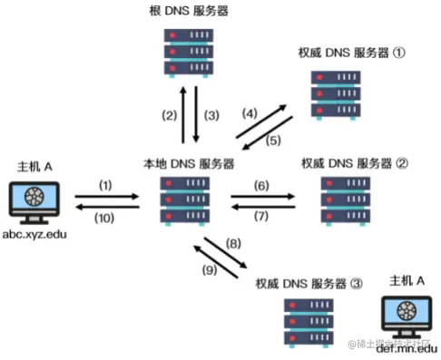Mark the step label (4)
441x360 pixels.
tap(248, 112)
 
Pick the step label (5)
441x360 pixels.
tap(273, 140)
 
